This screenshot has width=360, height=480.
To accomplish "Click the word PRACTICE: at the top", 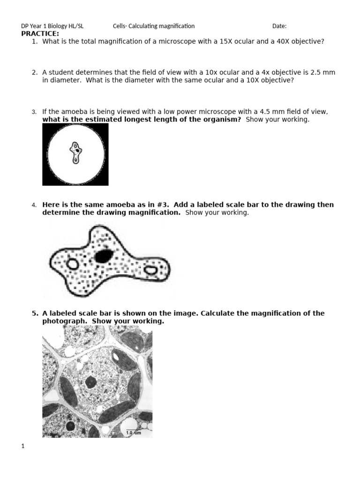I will tap(40, 34).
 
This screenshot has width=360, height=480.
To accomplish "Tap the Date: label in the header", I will tap(279, 26).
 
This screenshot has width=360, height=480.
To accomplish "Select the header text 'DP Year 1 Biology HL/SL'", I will tap(52, 26).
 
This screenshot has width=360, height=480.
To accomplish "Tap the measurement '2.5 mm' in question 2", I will tap(326, 73).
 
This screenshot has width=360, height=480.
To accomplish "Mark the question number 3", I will tap(34, 112).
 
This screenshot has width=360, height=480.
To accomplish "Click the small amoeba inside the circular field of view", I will tap(75, 153).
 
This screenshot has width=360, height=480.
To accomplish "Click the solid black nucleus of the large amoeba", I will tap(104, 255).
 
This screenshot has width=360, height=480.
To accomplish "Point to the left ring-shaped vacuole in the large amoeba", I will tap(73, 264).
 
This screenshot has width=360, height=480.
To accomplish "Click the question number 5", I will tap(34, 313).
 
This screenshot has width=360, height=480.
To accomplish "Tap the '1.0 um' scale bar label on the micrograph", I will tap(133, 433).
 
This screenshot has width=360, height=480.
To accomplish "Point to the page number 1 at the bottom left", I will tap(22, 447).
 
